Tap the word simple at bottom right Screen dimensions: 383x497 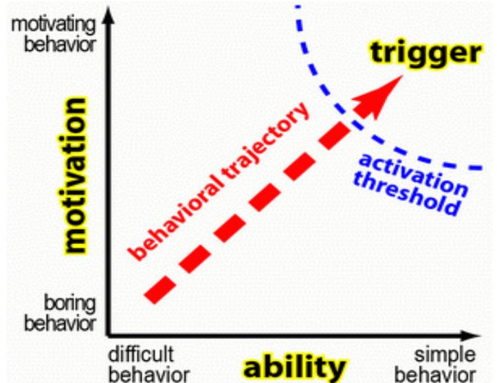[x=444, y=355]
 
